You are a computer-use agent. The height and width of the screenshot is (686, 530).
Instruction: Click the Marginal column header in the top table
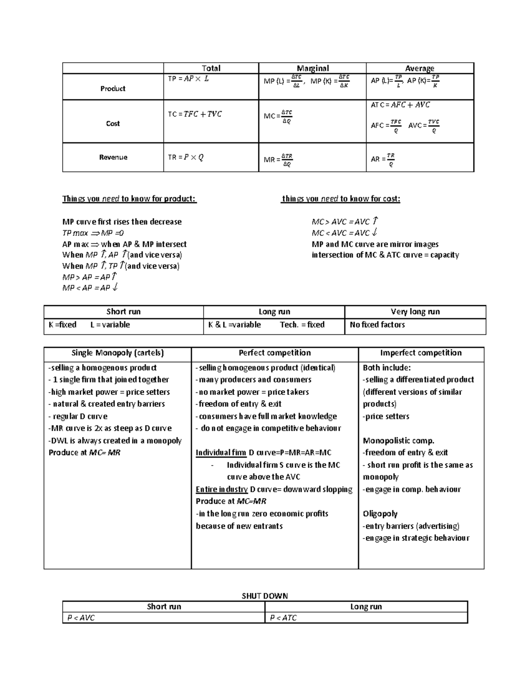coord(313,68)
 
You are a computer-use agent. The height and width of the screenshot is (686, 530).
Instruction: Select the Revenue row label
coord(113,157)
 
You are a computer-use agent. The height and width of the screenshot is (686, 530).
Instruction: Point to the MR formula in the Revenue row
coord(278,160)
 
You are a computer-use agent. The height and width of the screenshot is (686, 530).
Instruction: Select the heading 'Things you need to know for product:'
coord(129,199)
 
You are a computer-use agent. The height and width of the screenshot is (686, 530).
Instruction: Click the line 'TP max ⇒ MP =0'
coord(93,233)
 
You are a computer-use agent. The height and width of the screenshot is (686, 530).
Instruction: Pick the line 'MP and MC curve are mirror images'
coord(375,244)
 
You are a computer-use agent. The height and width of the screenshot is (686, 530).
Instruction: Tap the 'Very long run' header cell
coord(415,311)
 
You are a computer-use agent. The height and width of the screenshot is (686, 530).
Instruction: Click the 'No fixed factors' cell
coord(377,325)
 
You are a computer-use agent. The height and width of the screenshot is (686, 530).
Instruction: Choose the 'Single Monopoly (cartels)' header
coord(117,353)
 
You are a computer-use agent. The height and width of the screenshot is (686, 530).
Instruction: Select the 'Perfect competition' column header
coord(275,353)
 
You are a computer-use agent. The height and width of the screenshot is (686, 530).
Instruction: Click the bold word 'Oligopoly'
coord(380,514)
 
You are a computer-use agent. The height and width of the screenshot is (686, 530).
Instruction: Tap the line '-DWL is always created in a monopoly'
coord(115,440)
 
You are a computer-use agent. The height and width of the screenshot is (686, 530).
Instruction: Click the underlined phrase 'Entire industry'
coord(222,489)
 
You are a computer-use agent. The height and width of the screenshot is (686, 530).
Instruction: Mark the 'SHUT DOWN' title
coord(265,596)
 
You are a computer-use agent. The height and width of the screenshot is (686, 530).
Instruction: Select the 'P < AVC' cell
coord(81,618)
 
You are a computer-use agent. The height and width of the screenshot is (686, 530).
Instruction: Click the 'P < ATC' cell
coord(284,618)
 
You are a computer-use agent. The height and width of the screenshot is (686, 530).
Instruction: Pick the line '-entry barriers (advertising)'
coord(411,526)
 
